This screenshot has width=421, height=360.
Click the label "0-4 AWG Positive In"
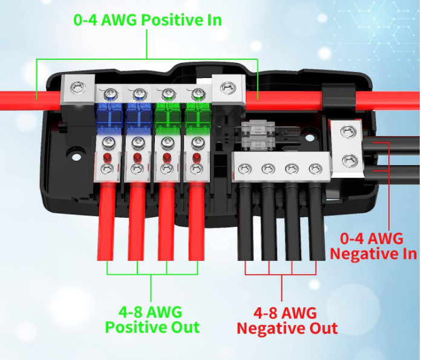tap(148, 20)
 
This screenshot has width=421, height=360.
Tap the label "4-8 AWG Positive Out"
tap(152, 319)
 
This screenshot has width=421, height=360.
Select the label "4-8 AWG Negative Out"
tap(287, 320)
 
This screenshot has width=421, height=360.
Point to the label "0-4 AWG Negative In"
tap(373, 246)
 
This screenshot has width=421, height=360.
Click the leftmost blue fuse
tap(108, 117)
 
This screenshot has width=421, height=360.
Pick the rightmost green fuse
tap(198, 117)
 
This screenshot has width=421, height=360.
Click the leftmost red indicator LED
tap(107, 157)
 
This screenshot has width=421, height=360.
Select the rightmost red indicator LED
tap(197, 157)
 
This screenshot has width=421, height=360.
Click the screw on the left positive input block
tap(78, 88)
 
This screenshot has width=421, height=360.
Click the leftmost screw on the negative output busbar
tap(244, 169)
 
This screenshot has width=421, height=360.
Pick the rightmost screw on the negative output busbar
tap(316, 169)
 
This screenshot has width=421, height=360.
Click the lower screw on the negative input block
tap(350, 161)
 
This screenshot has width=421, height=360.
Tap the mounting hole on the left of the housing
tap(76, 157)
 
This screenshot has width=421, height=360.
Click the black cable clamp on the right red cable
tap(339, 97)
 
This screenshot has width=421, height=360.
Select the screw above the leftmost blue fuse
tap(109, 94)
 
